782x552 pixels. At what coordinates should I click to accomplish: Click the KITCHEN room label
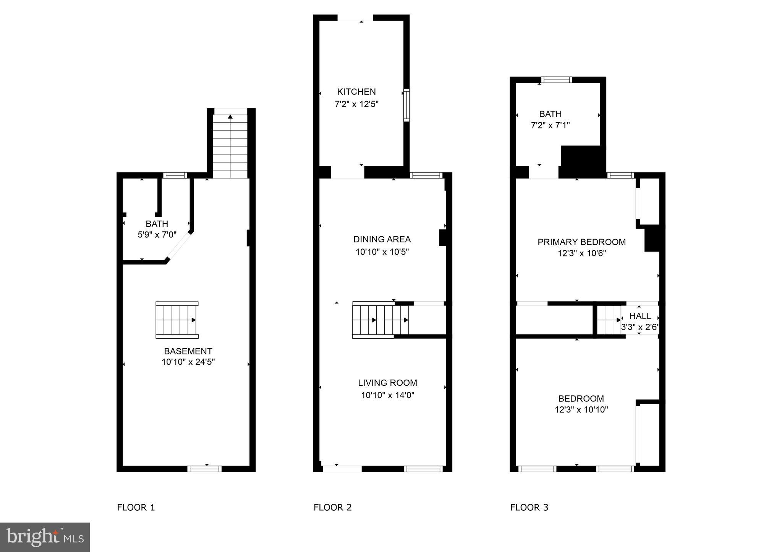pos(356,92)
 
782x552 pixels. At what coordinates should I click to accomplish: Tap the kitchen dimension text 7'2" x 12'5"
pos(356,104)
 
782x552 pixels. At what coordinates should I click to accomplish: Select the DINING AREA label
pos(382,239)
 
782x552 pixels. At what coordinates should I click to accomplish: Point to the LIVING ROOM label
pos(387,383)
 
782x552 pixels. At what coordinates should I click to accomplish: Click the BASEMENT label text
pos(188,351)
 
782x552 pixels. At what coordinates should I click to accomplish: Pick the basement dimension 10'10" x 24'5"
pos(188,362)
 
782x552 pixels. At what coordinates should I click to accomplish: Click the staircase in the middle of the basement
pos(176,320)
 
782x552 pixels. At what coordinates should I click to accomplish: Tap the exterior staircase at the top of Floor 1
pos(230,145)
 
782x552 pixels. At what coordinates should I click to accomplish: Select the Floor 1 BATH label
pos(157,224)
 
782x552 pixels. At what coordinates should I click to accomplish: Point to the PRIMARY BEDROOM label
pos(581,242)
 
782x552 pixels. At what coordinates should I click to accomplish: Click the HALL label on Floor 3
pos(640,316)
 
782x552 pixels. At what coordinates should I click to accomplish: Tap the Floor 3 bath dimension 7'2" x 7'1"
pos(550,125)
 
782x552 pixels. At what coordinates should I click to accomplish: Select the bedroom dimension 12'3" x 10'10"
pos(581,410)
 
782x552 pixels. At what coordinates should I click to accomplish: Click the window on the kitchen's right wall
pos(406,105)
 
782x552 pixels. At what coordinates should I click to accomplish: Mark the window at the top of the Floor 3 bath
pos(556,80)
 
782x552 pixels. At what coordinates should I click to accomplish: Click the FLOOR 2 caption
pos(332,507)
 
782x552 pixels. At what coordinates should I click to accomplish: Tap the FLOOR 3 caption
pos(529,507)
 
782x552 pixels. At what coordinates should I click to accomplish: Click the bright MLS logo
pos(45,537)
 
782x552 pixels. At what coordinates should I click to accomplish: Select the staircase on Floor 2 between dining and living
pos(380,320)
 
